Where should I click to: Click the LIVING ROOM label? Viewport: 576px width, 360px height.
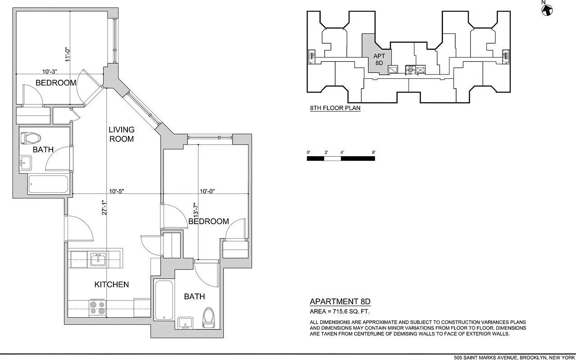click(x=121, y=134)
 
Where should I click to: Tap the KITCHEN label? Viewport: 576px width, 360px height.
click(x=111, y=284)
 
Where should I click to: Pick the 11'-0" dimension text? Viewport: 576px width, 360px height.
click(x=67, y=55)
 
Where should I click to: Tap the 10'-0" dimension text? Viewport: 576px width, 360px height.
click(x=207, y=191)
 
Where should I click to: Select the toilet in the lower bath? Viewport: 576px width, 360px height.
click(x=208, y=317)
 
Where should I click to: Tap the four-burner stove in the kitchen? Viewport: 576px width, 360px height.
click(x=97, y=307)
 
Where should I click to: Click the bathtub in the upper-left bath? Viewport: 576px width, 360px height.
click(x=48, y=184)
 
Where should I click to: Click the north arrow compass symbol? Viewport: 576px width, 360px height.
click(x=548, y=9)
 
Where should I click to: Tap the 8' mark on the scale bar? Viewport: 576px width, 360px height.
click(x=374, y=153)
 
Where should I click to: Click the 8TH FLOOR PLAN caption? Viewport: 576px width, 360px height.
click(x=335, y=108)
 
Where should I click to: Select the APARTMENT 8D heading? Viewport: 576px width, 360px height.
click(x=340, y=301)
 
